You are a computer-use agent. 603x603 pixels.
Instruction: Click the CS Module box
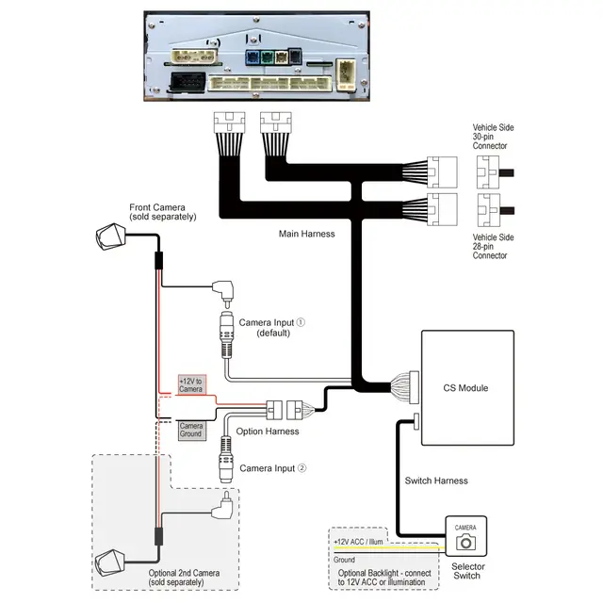tap(467, 387)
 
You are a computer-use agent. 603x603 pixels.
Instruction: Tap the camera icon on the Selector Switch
tap(465, 543)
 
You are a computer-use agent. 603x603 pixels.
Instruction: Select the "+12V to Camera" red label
tap(192, 385)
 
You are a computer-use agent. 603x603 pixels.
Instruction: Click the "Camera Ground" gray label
tap(192, 430)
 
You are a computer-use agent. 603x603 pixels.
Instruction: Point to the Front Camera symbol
tap(111, 236)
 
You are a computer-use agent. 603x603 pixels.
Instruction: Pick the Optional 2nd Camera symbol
tap(110, 562)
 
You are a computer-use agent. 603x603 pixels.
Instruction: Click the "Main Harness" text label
tap(306, 234)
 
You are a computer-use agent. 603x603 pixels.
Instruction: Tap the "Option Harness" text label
tap(268, 432)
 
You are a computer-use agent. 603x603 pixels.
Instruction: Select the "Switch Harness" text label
tap(436, 481)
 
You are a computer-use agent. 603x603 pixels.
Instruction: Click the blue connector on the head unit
tap(253, 57)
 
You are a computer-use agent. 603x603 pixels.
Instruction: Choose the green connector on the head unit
tap(267, 57)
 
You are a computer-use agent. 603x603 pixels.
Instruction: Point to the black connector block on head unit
tap(187, 82)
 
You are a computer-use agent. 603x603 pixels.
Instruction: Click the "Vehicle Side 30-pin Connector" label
tap(493, 137)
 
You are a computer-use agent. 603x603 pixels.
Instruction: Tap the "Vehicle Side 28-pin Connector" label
tap(493, 246)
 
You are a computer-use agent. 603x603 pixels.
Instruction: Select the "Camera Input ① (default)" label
tap(272, 328)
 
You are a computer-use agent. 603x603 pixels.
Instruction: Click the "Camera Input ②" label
tap(273, 468)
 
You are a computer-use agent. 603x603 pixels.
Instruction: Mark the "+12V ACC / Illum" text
tap(358, 542)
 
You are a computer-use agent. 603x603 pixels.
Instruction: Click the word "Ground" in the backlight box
tap(344, 560)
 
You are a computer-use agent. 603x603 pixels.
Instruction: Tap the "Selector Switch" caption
tap(467, 571)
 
